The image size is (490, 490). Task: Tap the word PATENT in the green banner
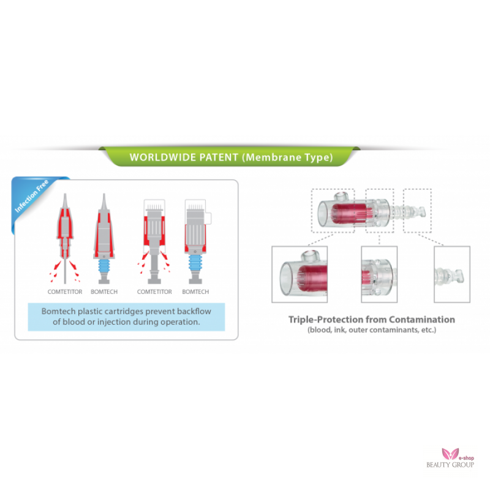coord(219,157)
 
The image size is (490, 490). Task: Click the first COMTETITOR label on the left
coord(65,292)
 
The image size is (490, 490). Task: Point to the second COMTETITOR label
coord(154,292)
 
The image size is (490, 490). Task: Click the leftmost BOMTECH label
coord(104,292)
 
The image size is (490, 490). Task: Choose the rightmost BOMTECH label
coord(195,292)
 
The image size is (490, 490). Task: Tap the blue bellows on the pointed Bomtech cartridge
coord(104,266)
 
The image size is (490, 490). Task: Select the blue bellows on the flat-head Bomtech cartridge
coord(195,263)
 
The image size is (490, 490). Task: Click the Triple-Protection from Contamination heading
coord(372,320)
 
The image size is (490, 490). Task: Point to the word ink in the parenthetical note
coord(340,330)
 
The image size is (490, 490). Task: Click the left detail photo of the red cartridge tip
coord(300,274)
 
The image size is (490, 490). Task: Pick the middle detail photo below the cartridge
coord(379,274)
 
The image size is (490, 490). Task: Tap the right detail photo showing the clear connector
coord(452,274)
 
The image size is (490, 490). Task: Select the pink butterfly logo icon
coord(450,454)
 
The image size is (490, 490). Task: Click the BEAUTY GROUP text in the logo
coord(450,465)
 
